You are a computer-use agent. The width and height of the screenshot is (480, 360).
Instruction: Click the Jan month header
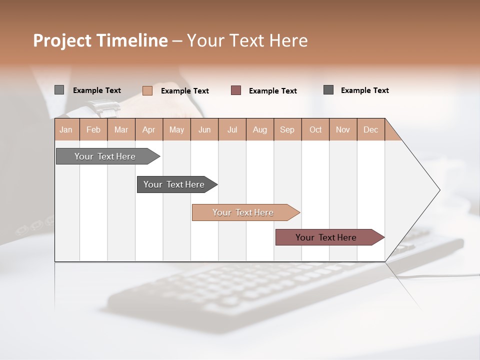click(x=66, y=129)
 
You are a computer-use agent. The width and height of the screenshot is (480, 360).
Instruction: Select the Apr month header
click(x=149, y=129)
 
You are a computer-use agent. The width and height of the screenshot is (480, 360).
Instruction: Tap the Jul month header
click(x=232, y=129)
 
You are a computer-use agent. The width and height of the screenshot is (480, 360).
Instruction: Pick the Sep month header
click(x=287, y=129)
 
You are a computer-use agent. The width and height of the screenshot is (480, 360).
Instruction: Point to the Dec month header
click(x=371, y=129)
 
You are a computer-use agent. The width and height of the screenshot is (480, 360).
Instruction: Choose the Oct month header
click(x=315, y=129)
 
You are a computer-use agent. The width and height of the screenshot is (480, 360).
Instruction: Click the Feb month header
click(x=93, y=129)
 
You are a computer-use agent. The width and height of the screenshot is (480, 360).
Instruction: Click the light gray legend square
click(x=59, y=90)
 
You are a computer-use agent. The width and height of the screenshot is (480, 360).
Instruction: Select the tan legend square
click(x=147, y=90)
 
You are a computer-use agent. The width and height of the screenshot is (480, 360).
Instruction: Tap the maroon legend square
click(x=236, y=90)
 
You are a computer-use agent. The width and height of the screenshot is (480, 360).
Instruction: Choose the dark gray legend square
click(x=328, y=90)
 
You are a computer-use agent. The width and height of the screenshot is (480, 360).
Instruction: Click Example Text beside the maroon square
click(x=273, y=91)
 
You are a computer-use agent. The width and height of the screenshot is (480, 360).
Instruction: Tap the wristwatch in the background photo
click(x=103, y=107)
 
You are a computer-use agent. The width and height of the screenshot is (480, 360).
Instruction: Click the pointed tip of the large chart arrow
click(x=439, y=190)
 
